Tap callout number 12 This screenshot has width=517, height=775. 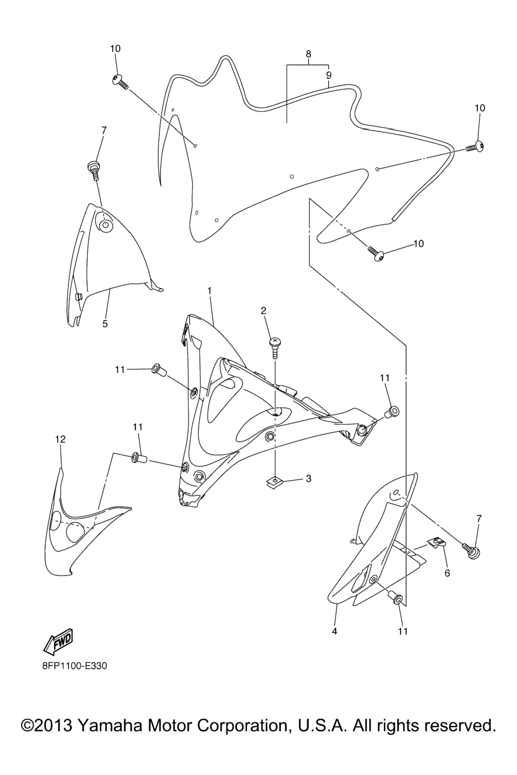[x=60, y=439]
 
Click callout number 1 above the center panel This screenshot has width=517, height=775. [x=209, y=290]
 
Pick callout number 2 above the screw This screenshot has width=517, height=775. [x=264, y=310]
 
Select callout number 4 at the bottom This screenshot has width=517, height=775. [x=334, y=631]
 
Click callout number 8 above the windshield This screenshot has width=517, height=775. [x=308, y=54]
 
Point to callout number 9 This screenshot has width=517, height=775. [x=329, y=75]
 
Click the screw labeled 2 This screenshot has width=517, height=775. [x=274, y=349]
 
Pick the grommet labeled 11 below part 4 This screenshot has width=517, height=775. [x=395, y=598]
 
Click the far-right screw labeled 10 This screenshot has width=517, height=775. [x=475, y=147]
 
